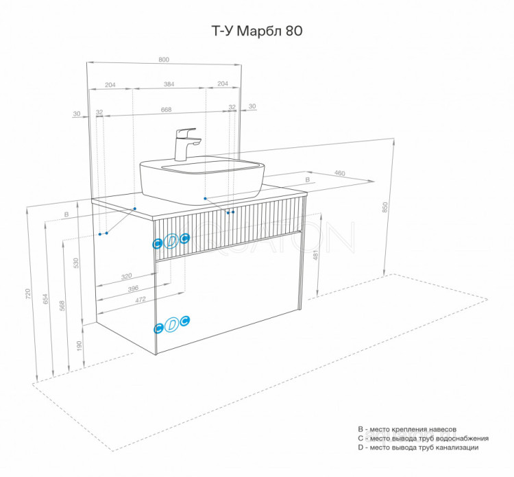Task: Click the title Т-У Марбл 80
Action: [x=255, y=31]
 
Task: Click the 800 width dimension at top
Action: [x=164, y=60]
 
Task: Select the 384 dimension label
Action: [x=169, y=84]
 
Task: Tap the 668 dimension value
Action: [x=166, y=109]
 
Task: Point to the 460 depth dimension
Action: [x=339, y=173]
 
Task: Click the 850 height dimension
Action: [x=385, y=205]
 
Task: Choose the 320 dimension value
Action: [x=126, y=277]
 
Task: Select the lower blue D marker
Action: [x=172, y=324]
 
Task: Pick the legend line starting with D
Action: [x=418, y=448]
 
